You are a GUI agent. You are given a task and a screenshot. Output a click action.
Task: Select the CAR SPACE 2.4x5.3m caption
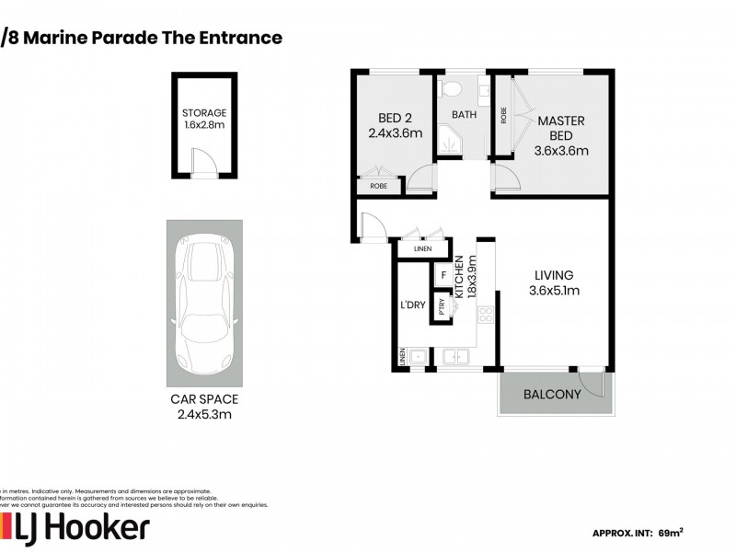pyautogui.click(x=204, y=406)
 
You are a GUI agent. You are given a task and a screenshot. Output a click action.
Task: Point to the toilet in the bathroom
pyautogui.click(x=450, y=89)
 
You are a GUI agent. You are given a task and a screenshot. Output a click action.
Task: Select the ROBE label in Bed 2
pyautogui.click(x=379, y=186)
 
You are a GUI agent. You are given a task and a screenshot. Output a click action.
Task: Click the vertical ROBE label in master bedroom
pyautogui.click(x=503, y=115)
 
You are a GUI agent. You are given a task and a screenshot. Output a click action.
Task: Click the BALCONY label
pyautogui.click(x=552, y=395)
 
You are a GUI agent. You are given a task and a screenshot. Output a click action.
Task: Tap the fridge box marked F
pyautogui.click(x=443, y=275)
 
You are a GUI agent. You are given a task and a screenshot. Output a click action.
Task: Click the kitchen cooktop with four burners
pyautogui.click(x=485, y=316)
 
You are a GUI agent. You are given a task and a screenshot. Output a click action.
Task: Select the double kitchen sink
pyautogui.click(x=454, y=356)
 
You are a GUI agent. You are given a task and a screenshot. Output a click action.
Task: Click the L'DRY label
pyautogui.click(x=412, y=305)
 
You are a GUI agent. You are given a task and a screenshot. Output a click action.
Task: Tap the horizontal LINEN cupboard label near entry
pyautogui.click(x=422, y=248)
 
